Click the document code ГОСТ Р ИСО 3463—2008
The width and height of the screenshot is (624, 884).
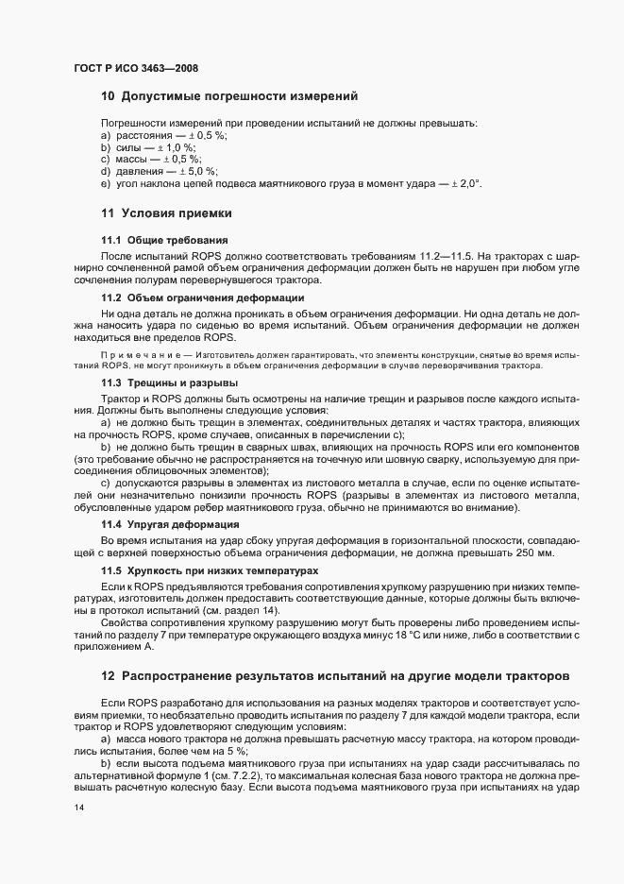(135, 68)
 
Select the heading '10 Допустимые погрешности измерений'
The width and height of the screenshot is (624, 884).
(228, 95)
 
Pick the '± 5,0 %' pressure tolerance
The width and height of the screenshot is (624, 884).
(196, 171)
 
